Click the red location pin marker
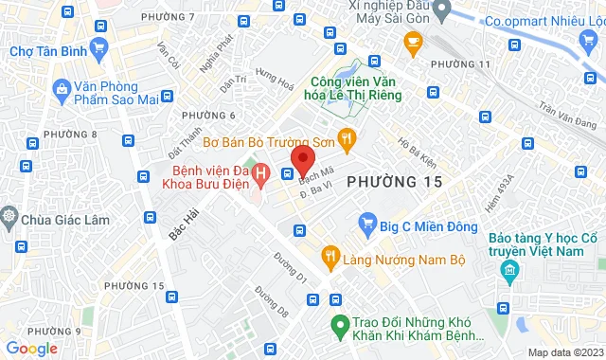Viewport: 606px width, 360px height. (x=302, y=156)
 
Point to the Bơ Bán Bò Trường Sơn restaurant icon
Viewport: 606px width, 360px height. (x=348, y=139)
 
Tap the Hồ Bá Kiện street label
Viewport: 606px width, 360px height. (x=418, y=149)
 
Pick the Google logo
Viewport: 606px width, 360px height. (x=32, y=348)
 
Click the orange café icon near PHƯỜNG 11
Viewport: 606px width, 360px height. (x=412, y=41)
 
